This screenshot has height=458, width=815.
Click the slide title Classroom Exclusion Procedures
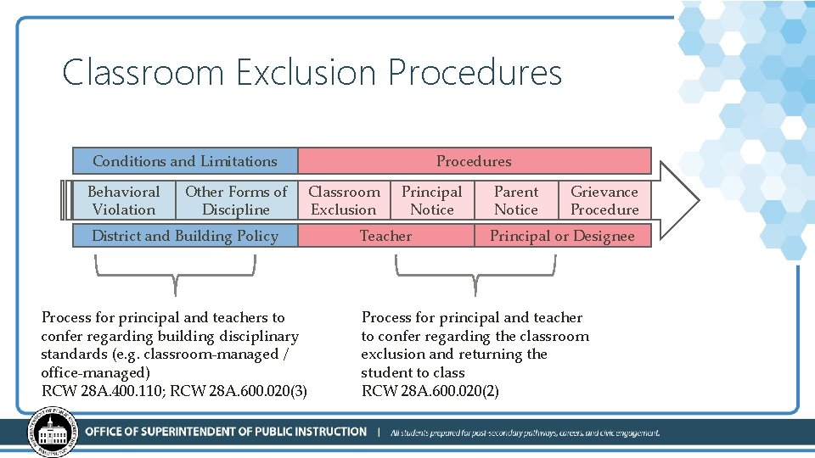[312, 73]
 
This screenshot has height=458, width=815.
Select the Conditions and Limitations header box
[185, 161]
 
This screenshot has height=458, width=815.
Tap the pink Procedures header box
[474, 161]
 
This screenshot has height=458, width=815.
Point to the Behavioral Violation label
[123, 201]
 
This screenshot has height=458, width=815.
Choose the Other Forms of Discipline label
[236, 201]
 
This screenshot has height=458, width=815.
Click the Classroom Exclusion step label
[344, 201]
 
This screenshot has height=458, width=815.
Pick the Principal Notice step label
[431, 201]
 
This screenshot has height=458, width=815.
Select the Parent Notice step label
[516, 201]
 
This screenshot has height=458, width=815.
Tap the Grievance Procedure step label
[604, 201]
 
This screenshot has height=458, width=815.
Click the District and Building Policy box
[185, 236]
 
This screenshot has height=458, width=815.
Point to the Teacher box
[385, 236]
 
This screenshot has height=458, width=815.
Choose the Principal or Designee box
[562, 236]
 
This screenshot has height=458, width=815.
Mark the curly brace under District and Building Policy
[175, 271]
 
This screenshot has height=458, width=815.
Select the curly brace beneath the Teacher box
[475, 271]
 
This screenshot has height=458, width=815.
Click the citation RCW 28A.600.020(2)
[430, 391]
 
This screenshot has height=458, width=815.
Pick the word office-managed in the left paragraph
[95, 372]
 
